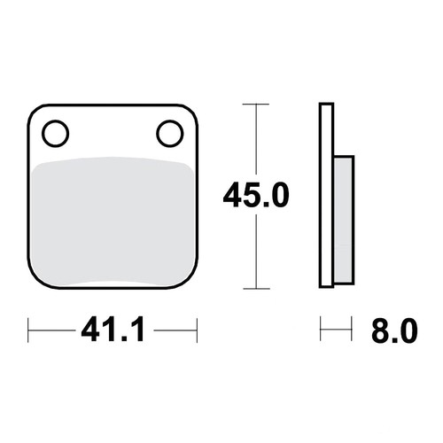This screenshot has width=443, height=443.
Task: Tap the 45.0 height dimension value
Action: (256, 195)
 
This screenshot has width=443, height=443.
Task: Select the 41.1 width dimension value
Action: (113, 330)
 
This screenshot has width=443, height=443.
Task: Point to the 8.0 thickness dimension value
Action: (394, 330)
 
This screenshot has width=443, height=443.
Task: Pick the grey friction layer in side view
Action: (344, 220)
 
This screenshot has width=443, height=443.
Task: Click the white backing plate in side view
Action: (326, 195)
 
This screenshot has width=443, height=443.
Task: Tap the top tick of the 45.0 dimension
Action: (256, 105)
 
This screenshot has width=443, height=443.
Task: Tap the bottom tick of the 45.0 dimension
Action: (256, 289)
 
